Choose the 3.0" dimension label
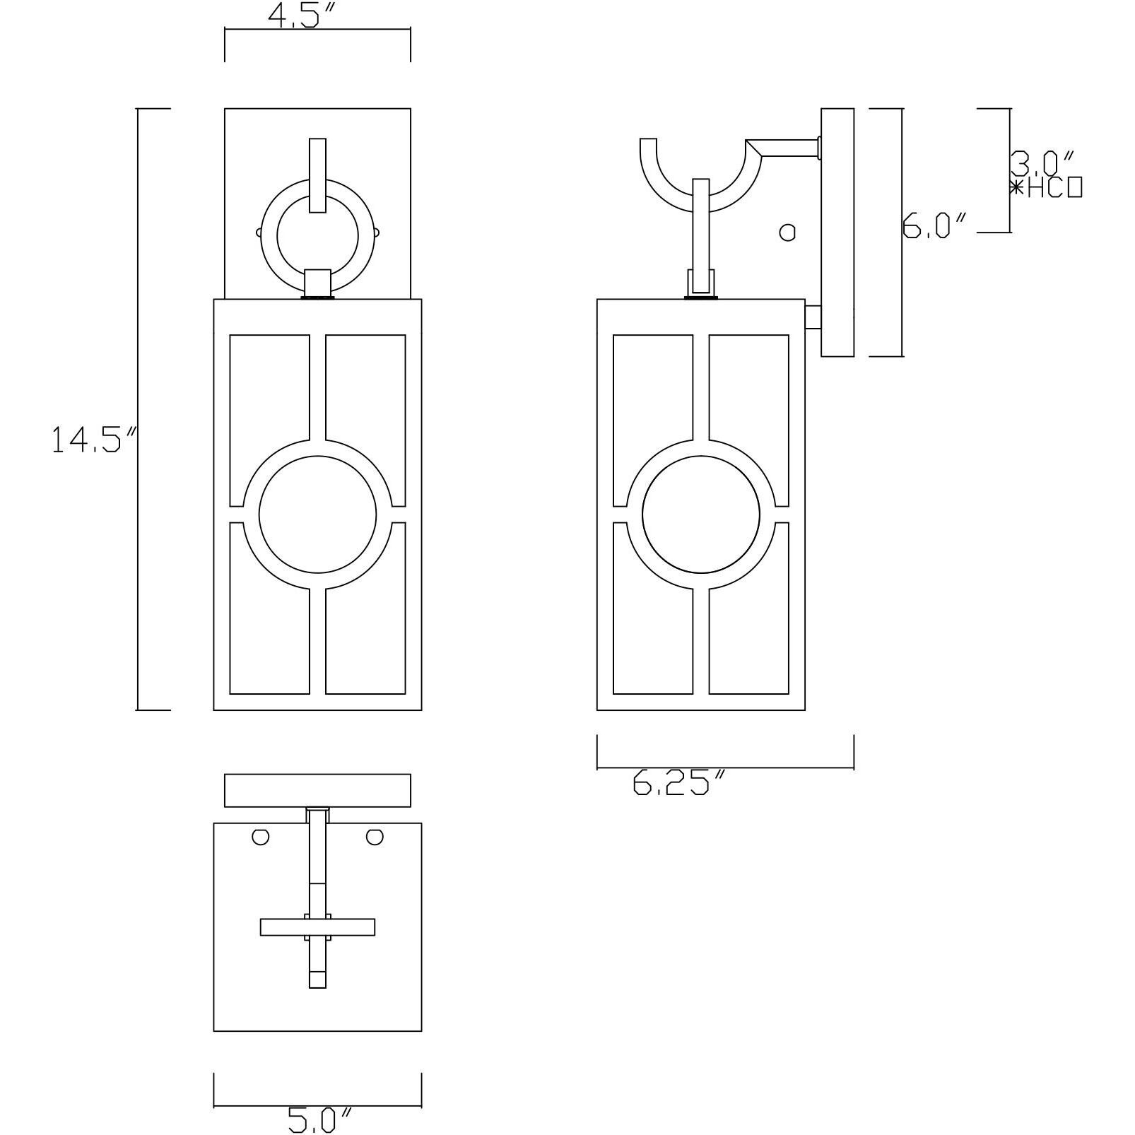pos(1042,163)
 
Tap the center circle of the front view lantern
pos(317,514)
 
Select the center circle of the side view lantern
pos(700,514)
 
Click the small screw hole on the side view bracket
pos(787,232)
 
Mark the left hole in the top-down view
pos(260,837)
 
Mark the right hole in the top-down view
pos(375,837)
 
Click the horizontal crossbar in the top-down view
pos(283,927)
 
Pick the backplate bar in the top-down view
pos(317,790)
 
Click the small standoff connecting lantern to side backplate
pos(813,317)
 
